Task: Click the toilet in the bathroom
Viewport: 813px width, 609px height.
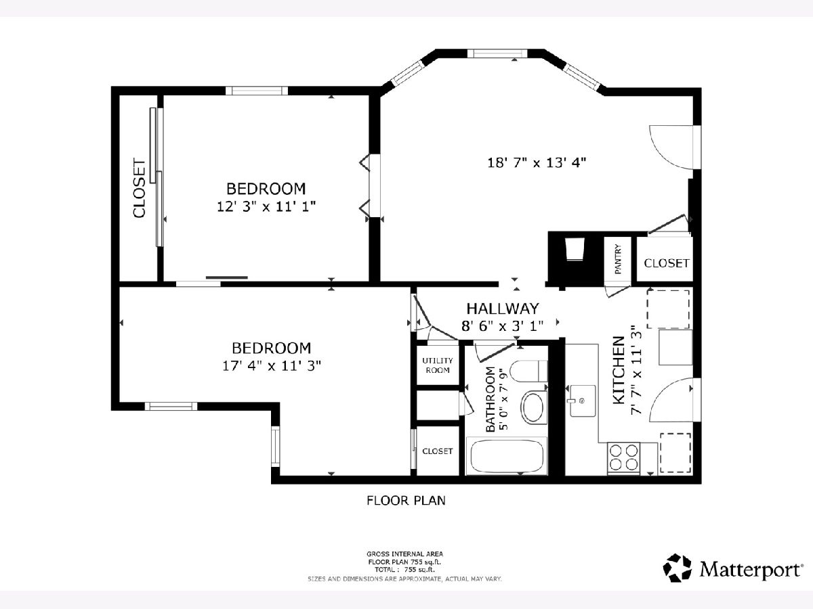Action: coord(528,371)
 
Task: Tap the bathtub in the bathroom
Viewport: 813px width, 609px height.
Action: coord(506,456)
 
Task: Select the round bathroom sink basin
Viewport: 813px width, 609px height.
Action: coord(534,407)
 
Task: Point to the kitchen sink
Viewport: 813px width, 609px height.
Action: coord(582,401)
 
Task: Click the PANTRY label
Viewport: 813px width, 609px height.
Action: coord(617,259)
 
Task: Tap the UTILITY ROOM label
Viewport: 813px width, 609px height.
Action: coord(438,365)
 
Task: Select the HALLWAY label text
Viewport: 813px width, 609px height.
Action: coord(502,309)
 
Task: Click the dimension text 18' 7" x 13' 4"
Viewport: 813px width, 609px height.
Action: coord(537,162)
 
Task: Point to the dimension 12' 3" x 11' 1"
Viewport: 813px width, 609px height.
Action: coord(266,206)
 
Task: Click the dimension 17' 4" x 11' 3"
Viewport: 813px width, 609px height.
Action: coord(272,365)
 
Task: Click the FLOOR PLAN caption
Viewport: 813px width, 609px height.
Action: coord(406,501)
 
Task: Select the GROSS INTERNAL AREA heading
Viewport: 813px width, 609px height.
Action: coord(405,554)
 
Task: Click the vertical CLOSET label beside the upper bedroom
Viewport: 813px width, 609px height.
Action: coord(140,188)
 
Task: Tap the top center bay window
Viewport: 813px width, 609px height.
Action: coord(497,53)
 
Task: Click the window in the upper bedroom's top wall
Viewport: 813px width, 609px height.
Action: coord(257,91)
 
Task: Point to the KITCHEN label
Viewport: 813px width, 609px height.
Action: coord(619,370)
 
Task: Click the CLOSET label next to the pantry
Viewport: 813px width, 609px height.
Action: coord(667,263)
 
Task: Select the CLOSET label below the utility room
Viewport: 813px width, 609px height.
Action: coord(438,451)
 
